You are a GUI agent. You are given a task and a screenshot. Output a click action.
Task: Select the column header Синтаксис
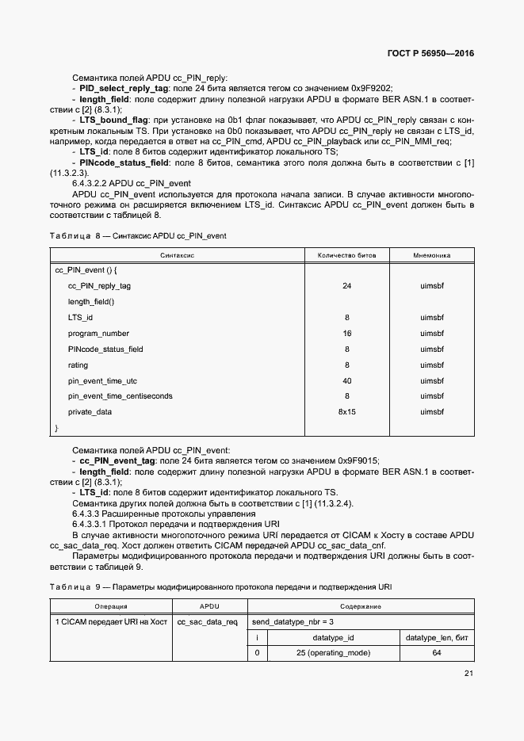point(178,256)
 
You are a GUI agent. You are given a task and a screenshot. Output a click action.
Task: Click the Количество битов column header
point(346,256)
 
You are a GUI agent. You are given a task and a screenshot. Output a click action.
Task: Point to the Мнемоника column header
point(431,256)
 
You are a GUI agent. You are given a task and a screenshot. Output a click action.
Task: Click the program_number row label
point(98,334)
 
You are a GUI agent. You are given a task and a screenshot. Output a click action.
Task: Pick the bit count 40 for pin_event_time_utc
point(346,380)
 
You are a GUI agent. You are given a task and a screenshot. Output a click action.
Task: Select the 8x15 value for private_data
point(346,412)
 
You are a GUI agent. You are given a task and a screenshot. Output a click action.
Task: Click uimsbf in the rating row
point(431,365)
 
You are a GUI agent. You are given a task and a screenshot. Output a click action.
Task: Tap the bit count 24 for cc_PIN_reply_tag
point(346,286)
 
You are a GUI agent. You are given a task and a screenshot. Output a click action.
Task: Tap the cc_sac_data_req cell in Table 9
point(207,622)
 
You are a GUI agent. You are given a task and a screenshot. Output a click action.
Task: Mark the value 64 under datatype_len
point(438,653)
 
